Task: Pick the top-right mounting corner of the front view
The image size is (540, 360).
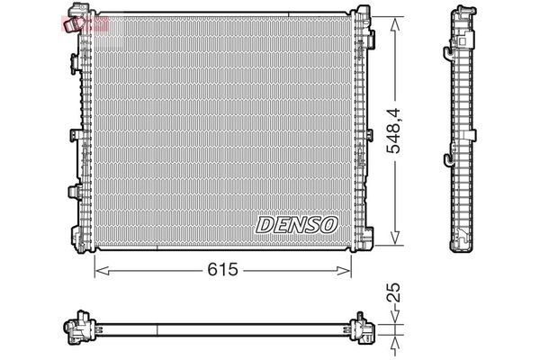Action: tap(362, 18)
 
